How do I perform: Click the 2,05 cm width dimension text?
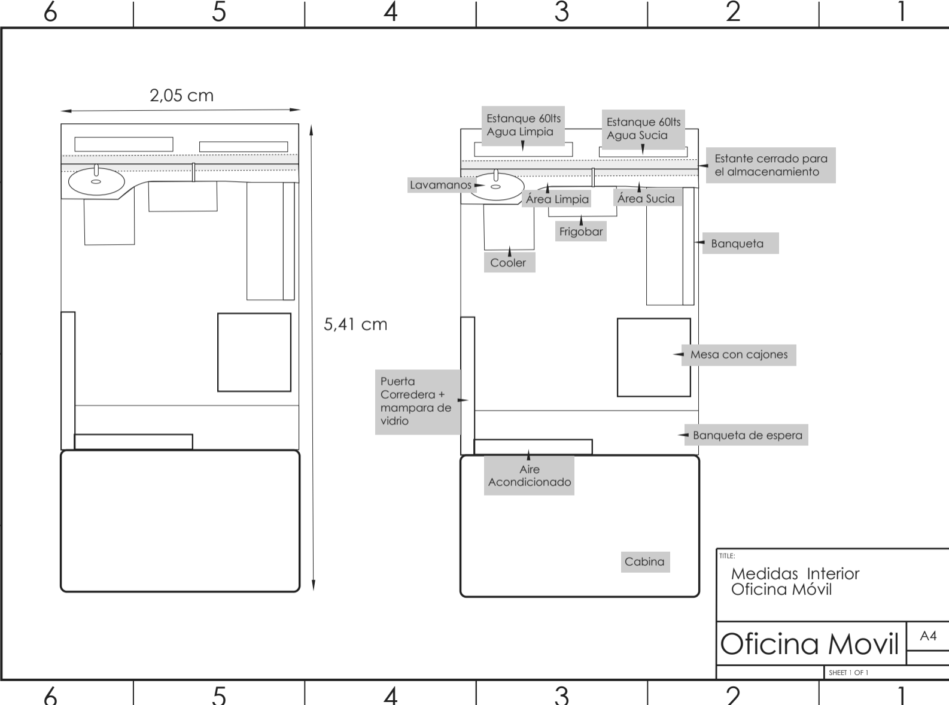click(x=181, y=96)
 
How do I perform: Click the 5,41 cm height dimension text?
click(x=355, y=324)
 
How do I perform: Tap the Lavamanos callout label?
click(x=440, y=185)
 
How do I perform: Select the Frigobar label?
click(x=581, y=232)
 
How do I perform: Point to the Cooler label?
click(x=509, y=263)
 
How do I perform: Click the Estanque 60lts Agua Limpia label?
click(x=523, y=125)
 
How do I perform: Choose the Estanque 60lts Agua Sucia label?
click(x=643, y=129)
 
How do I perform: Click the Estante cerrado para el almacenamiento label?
click(x=771, y=165)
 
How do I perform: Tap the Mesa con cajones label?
click(x=739, y=355)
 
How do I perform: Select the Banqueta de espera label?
click(x=747, y=435)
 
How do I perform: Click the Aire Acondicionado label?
click(x=530, y=476)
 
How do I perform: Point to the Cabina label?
click(x=644, y=562)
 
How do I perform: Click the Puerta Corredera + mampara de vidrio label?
click(x=416, y=401)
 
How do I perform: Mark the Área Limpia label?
click(x=557, y=199)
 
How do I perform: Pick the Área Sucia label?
click(x=646, y=199)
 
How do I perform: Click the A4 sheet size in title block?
click(x=928, y=636)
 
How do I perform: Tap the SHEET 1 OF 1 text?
click(x=848, y=673)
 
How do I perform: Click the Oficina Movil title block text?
click(x=810, y=645)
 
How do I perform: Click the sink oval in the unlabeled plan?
click(x=96, y=181)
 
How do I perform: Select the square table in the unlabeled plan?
click(x=254, y=352)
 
